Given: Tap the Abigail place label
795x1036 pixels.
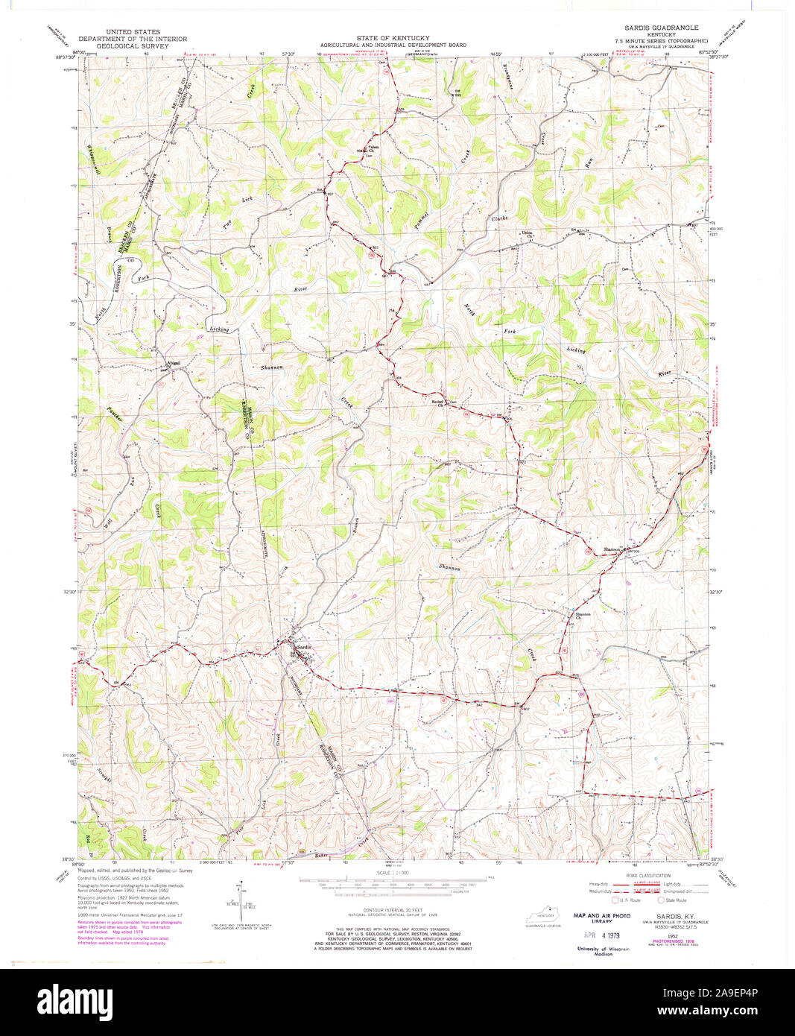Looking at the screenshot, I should pyautogui.click(x=173, y=362).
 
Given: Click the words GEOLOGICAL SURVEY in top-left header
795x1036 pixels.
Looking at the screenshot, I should pyautogui.click(x=123, y=45).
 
